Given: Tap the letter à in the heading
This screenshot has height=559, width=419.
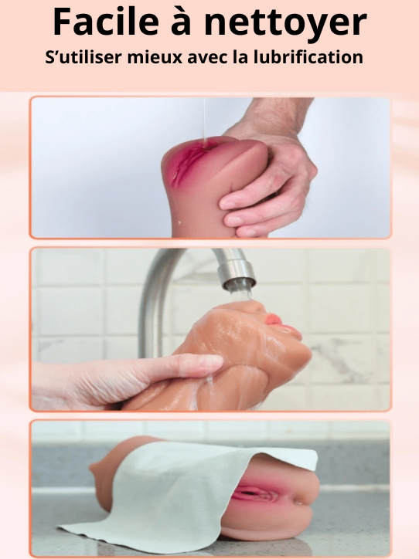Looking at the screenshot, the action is coord(181,22).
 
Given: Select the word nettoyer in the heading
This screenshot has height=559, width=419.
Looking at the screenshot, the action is coord(285,23).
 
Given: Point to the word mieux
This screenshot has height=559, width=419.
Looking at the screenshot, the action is coord(155,57).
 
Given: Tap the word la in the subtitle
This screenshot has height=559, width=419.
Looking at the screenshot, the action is coord(240,57).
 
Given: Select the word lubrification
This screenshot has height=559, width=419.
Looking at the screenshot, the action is coord(308,57).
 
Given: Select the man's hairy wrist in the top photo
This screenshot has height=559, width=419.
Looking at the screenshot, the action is coord(271,114).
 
